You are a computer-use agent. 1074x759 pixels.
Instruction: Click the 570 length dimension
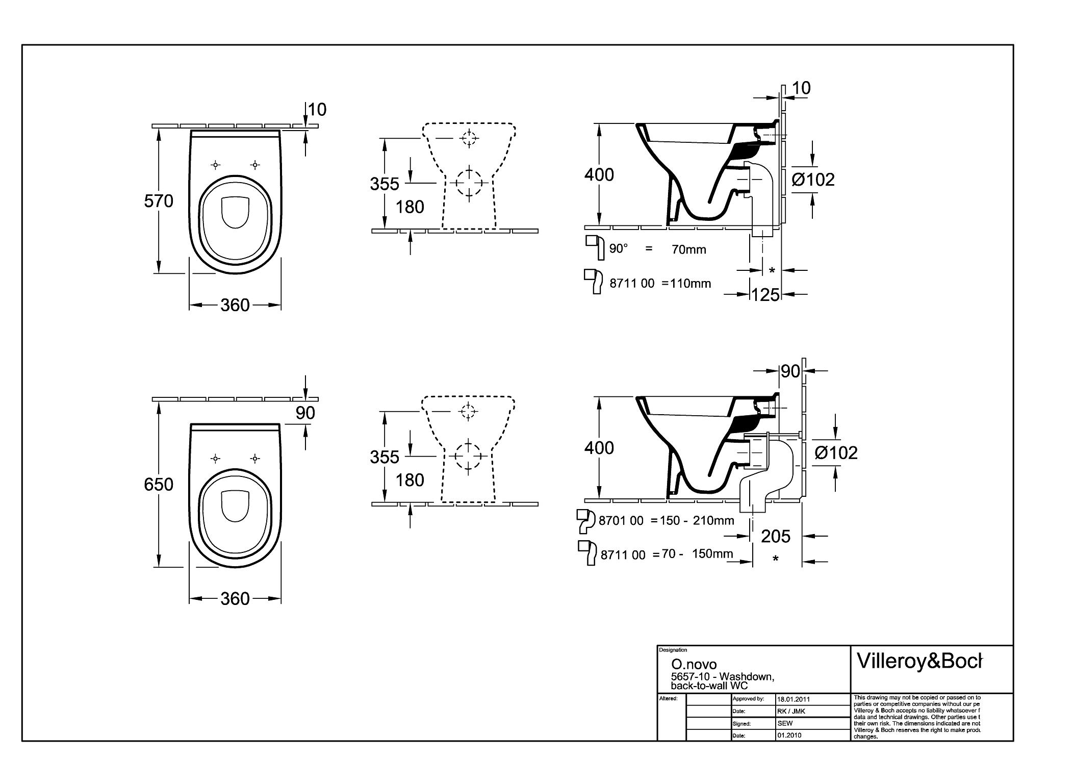pos(159,201)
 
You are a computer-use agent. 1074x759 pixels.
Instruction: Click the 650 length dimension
pos(159,484)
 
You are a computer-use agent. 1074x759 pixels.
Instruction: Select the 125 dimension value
pos(766,294)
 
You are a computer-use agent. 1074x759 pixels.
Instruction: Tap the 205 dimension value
pos(776,536)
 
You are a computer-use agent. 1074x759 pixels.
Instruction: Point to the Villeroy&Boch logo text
pos(919,661)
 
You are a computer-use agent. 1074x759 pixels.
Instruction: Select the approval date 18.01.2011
pos(794,699)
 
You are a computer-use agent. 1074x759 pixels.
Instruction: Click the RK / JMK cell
pos(791,711)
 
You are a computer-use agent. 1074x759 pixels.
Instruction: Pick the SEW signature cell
pos(785,723)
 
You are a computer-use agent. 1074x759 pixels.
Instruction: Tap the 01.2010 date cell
pos(789,736)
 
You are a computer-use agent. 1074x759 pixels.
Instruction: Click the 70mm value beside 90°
pos(689,249)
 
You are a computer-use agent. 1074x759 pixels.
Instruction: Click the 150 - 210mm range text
pos(697,521)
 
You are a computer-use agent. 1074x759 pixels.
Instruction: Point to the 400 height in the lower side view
pos(599,448)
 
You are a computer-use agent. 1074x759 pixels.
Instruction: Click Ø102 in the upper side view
pos(813,180)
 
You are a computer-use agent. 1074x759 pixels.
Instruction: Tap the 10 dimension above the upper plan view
pos(317,109)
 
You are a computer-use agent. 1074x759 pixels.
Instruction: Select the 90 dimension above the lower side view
pos(790,371)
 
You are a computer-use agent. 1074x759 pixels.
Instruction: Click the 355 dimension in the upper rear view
pos(385,184)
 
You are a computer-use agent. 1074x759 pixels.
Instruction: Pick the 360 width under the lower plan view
pos(235,598)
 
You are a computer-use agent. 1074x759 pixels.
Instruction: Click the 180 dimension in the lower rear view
pos(410,480)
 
